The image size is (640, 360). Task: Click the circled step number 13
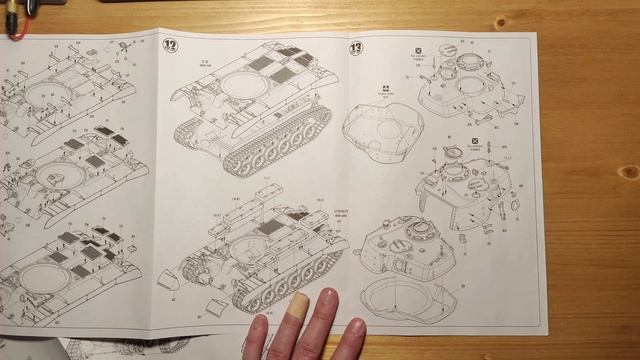pyautogui.click(x=356, y=47)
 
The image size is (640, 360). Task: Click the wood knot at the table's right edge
pyautogui.click(x=629, y=170)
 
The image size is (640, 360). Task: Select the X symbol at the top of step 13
pyautogui.click(x=418, y=48)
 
